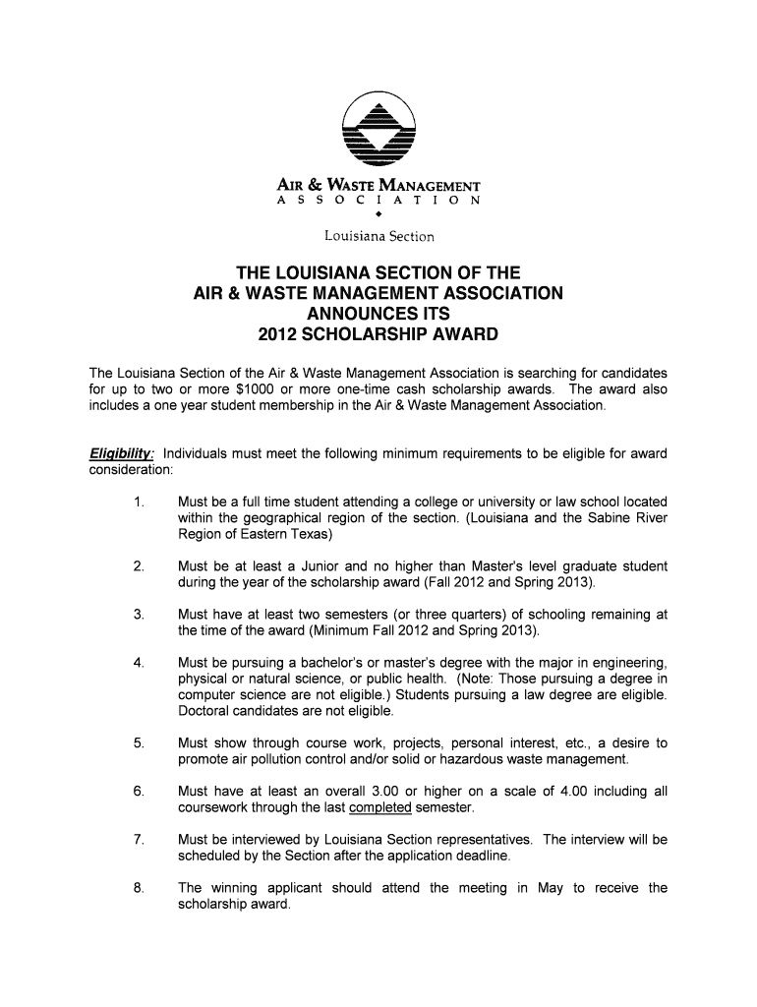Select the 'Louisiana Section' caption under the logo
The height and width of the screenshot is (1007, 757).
click(x=378, y=236)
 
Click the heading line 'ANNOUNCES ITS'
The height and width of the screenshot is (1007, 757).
click(x=378, y=314)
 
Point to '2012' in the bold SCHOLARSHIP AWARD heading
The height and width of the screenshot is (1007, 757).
click(x=279, y=334)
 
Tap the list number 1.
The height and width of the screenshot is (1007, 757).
click(x=138, y=503)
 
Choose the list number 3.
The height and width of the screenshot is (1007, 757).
click(x=138, y=615)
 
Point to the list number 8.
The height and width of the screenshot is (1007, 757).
click(x=138, y=888)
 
